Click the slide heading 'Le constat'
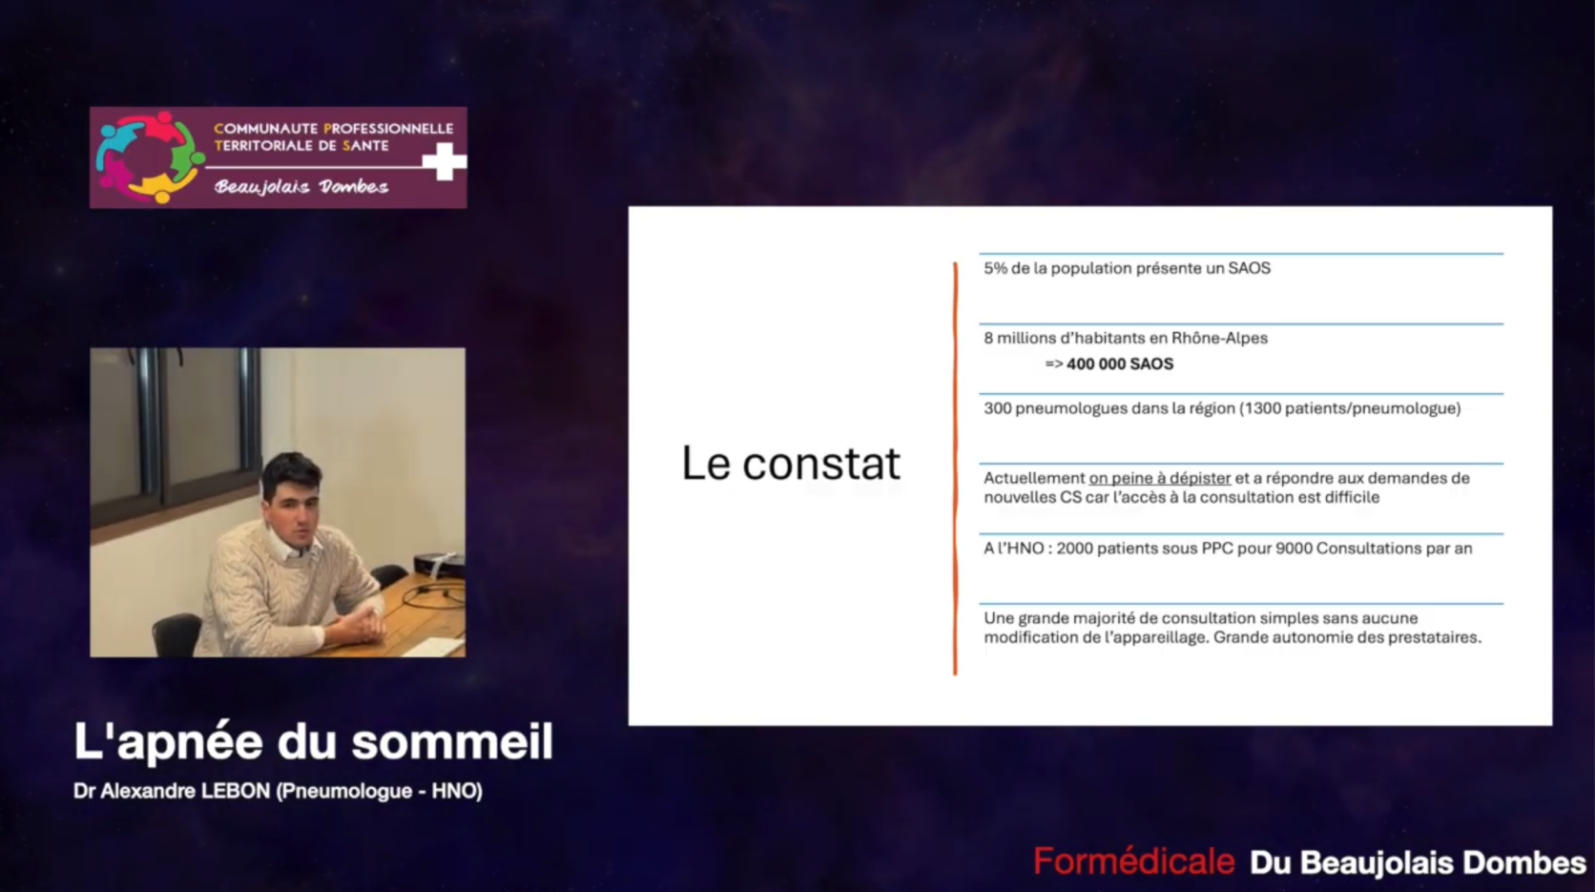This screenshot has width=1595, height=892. [x=791, y=464]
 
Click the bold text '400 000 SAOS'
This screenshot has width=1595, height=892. [x=1119, y=363]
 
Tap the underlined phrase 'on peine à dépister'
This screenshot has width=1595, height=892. [x=1159, y=478]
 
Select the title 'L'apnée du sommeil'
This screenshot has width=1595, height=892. [x=313, y=742]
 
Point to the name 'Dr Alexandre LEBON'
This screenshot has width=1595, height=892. [x=172, y=791]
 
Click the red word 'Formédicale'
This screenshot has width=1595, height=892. [x=1133, y=861]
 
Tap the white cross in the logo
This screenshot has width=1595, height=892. [x=445, y=161]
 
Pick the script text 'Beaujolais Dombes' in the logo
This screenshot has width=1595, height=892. [x=301, y=187]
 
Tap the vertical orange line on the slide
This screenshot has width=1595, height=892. [x=956, y=467]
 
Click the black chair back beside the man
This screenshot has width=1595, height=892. [x=176, y=633]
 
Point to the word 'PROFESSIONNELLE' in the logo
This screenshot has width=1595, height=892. [x=388, y=129]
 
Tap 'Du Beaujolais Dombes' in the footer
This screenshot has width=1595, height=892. [x=1419, y=862]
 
